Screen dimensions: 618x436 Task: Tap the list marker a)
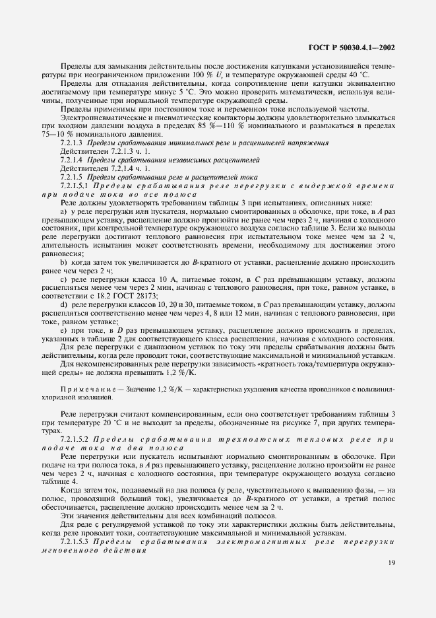pyautogui.click(x=63, y=211)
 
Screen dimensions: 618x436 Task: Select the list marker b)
pyautogui.click(x=63, y=262)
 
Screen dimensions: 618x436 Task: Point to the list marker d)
pyautogui.click(x=63, y=306)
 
